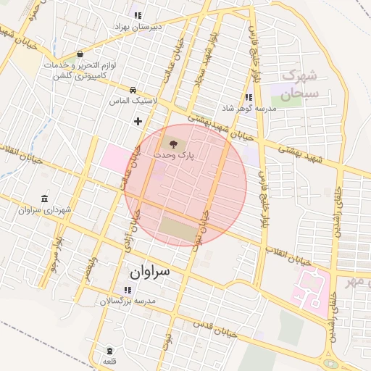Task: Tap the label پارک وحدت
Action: click(x=172, y=156)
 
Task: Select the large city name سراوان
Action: click(x=150, y=273)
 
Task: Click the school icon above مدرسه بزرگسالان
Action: click(x=128, y=290)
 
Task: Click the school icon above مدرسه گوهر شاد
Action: click(x=249, y=97)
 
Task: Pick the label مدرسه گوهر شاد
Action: click(x=249, y=108)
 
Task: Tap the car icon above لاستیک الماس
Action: click(x=133, y=90)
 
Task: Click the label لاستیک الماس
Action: click(x=132, y=101)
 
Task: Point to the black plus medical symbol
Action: click(x=138, y=121)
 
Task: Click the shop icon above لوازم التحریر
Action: click(x=80, y=54)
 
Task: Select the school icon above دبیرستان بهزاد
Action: click(x=138, y=14)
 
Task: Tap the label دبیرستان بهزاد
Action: click(x=138, y=26)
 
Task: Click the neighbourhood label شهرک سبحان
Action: click(x=299, y=84)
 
